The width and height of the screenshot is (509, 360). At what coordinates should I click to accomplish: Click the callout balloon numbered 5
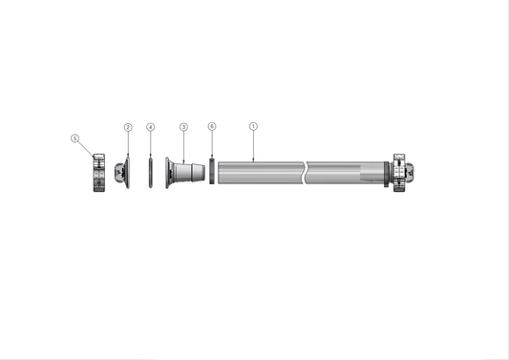tap(75, 138)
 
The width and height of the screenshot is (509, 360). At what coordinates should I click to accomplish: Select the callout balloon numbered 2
tap(128, 127)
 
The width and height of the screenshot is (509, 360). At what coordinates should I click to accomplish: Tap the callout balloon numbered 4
tap(150, 127)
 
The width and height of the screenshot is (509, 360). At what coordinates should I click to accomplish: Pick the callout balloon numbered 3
tap(183, 127)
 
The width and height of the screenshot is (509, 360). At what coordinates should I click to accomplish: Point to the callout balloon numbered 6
tap(212, 127)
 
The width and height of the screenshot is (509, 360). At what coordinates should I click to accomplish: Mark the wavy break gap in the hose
tap(304, 174)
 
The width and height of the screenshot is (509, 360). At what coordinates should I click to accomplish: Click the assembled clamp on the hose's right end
tap(398, 173)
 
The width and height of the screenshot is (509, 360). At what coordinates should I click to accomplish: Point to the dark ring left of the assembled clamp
tap(388, 174)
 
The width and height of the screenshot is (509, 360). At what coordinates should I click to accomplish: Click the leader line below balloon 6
tap(212, 143)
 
